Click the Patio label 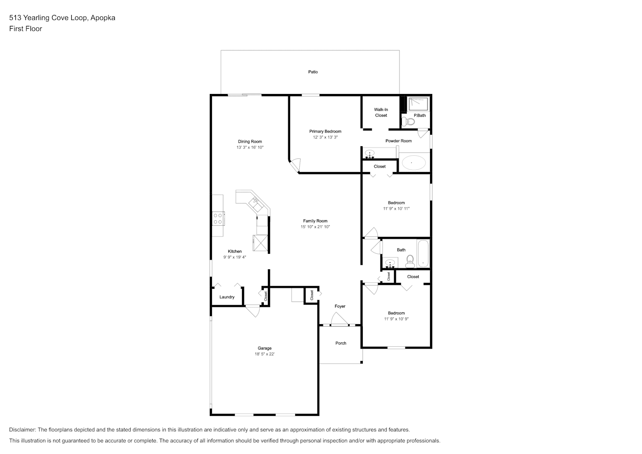313,72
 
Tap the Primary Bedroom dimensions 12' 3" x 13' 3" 325,137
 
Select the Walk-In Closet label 381,112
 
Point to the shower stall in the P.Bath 419,104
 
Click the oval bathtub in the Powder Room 413,163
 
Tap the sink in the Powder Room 370,153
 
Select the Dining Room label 250,142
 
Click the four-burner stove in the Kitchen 218,219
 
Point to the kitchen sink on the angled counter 256,203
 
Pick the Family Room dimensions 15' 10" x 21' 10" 315,227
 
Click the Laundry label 227,297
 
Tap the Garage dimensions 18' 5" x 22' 265,354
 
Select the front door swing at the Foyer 339,319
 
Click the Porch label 341,343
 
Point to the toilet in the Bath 410,261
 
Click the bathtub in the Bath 423,254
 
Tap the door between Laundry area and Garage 253,311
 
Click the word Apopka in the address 103,18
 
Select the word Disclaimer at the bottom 23,430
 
